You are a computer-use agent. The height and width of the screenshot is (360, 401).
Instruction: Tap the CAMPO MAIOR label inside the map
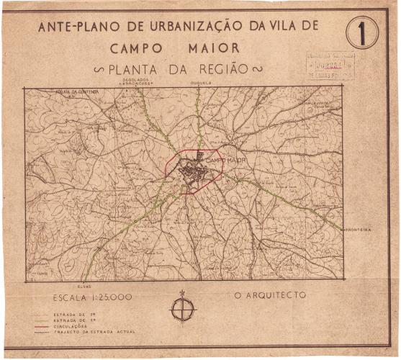225,158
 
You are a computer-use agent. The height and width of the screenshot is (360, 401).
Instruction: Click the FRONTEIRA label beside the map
357,230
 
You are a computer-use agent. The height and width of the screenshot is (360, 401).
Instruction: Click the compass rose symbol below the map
183,308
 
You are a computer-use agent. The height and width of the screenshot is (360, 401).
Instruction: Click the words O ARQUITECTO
270,295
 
